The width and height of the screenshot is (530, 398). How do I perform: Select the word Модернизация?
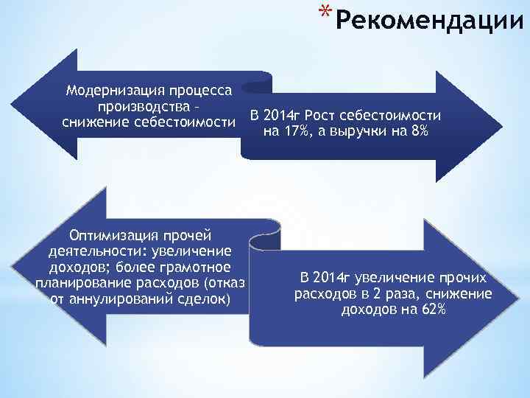110,91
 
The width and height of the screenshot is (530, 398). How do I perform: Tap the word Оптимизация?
112,236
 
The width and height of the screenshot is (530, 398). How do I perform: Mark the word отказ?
226,283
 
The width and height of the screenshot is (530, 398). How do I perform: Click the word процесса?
199,91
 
